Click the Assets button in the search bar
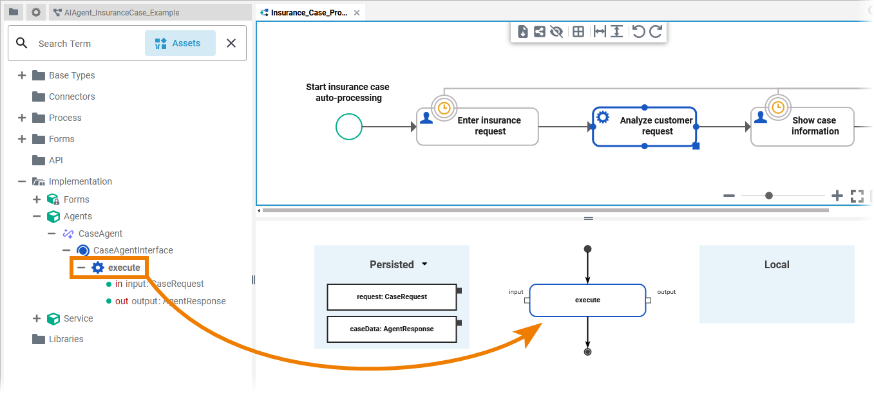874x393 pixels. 180,43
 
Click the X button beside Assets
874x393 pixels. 231,43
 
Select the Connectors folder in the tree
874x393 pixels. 71,96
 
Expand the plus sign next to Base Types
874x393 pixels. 22,75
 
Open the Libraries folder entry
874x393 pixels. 66,339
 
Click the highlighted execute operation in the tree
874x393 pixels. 124,268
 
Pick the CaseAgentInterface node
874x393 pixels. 133,250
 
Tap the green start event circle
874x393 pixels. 349,127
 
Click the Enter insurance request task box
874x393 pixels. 477,126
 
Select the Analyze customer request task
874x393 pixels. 645,126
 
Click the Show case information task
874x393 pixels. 803,126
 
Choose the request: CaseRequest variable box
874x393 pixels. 392,297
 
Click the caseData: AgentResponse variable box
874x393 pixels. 392,329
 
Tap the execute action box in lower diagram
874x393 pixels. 587,300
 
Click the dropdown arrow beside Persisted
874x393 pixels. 424,264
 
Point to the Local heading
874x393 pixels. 777,264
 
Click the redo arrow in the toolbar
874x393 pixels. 656,32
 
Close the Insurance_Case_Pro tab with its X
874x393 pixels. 357,13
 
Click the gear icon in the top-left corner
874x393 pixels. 36,12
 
